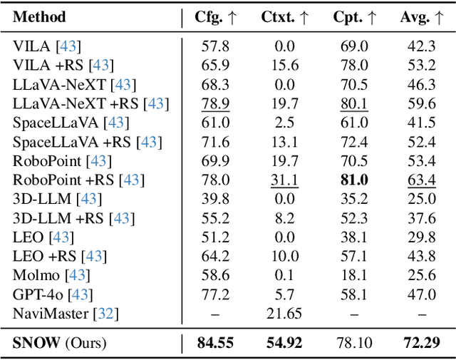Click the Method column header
point(40,17)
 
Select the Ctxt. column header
point(284,17)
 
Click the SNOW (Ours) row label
point(60,343)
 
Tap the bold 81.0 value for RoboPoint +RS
point(353,180)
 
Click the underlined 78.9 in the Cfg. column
point(216,103)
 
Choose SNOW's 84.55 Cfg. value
point(216,343)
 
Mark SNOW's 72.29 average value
point(422,343)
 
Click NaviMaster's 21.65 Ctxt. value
point(284,312)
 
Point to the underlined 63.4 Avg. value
point(422,180)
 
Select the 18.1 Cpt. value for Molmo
point(353,274)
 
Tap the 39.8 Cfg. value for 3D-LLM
point(216,198)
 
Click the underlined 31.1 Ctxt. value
point(284,180)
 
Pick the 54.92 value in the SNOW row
point(284,343)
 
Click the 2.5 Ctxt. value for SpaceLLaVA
point(284,123)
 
